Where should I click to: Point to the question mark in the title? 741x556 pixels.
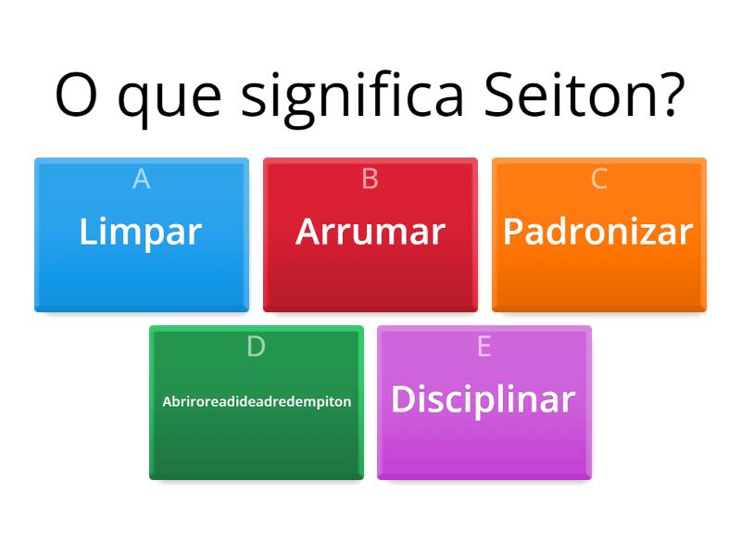point(668,93)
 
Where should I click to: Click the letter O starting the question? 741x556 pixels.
point(77,94)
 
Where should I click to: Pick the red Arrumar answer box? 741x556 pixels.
point(370,269)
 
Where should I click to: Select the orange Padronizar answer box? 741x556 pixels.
point(598,269)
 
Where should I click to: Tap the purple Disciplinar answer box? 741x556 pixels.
point(484,440)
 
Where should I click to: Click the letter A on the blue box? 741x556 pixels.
point(141,179)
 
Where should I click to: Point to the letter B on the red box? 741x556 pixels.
point(370,179)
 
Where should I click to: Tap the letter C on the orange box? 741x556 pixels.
point(598,179)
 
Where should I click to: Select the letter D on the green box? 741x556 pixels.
point(256,347)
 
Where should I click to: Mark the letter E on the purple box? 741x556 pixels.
point(484,347)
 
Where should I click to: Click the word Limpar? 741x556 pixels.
point(141,232)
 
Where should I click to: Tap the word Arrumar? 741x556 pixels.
point(370,232)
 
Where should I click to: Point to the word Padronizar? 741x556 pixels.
point(598,232)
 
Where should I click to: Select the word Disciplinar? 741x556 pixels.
point(484,399)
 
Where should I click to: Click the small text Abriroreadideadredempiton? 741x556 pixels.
point(257,401)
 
